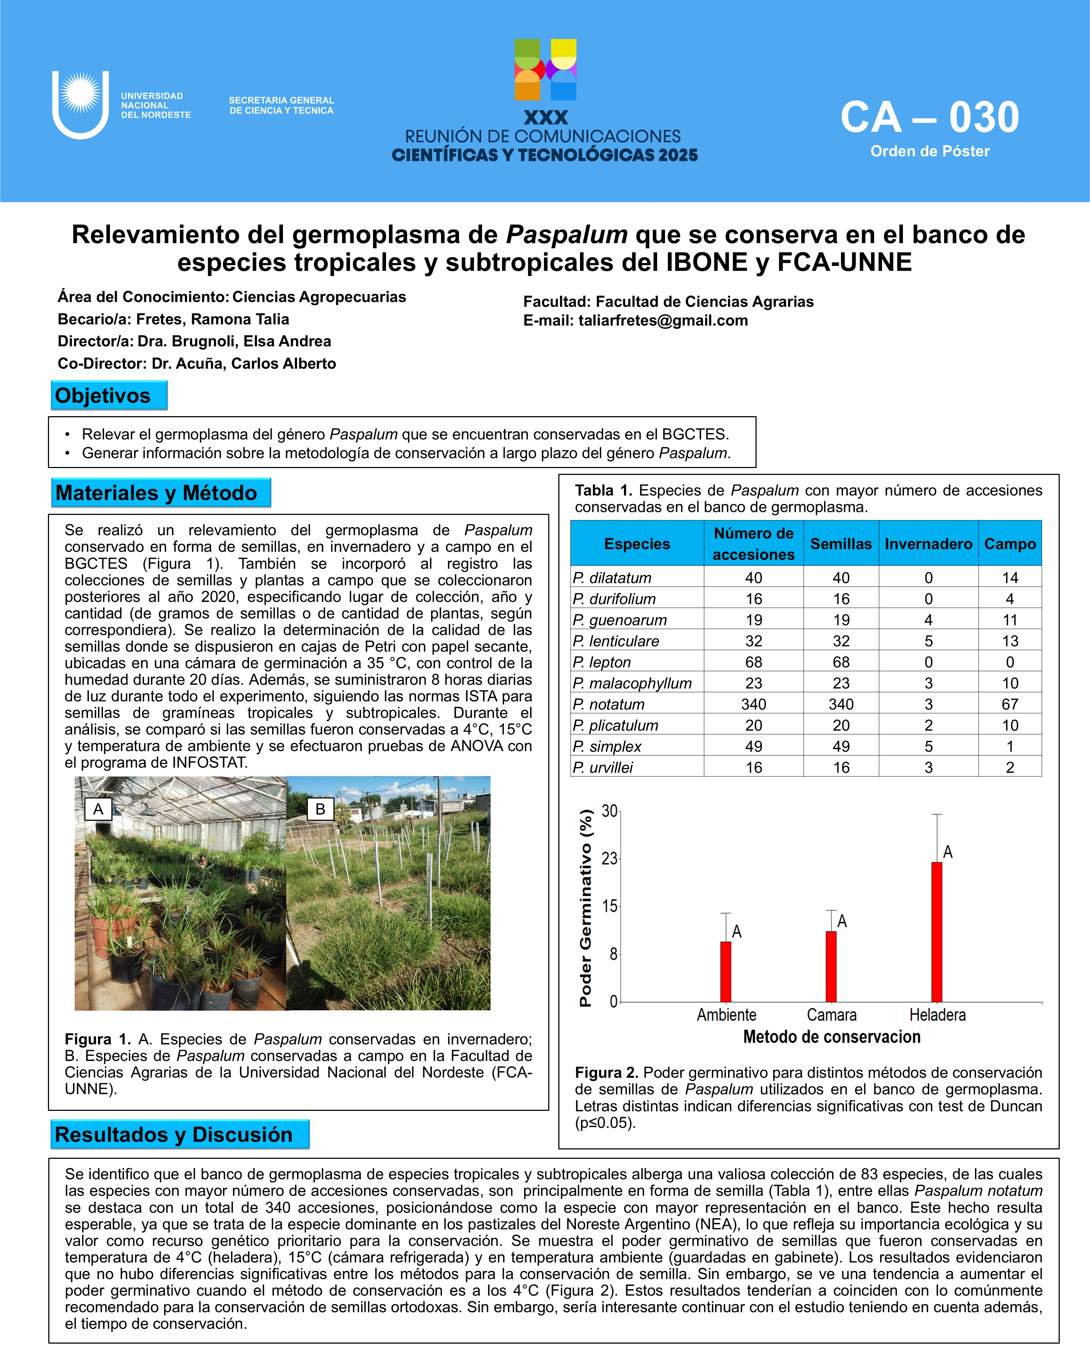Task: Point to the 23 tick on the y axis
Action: (x=609, y=859)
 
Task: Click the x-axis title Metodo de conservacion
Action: (x=832, y=1037)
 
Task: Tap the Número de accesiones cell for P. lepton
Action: (x=753, y=662)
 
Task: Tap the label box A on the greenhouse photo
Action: (x=98, y=809)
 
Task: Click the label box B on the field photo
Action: (x=320, y=809)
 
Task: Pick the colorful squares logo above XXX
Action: (x=545, y=70)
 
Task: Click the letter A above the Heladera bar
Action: (x=948, y=852)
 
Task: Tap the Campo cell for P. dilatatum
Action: (x=1010, y=577)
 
